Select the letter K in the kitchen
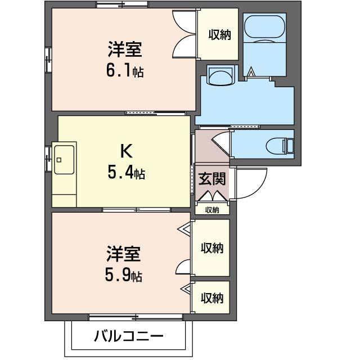pyautogui.click(x=126, y=150)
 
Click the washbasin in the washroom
pyautogui.click(x=220, y=75)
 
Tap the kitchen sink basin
pyautogui.click(x=64, y=160)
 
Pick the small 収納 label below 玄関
pyautogui.click(x=212, y=210)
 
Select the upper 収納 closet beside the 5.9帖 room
pyautogui.click(x=211, y=247)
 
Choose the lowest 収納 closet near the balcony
pyautogui.click(x=211, y=297)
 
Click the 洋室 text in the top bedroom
pyautogui.click(x=125, y=49)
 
